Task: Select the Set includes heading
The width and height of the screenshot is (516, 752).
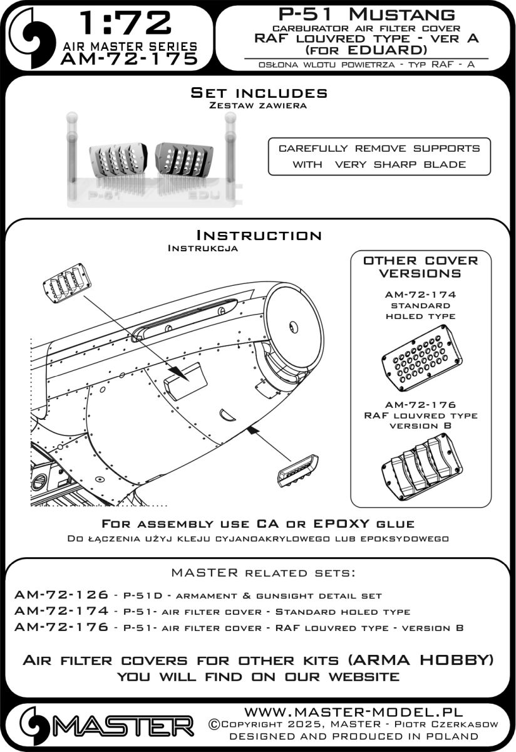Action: pos(259,93)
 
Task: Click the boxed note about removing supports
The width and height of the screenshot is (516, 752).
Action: pos(379,157)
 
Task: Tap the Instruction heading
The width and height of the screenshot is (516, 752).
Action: pos(259,236)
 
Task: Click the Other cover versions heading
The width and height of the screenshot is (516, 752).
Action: pos(420,267)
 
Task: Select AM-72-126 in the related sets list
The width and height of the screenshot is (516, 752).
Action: pos(59,595)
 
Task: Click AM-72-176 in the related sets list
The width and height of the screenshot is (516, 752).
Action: pos(59,627)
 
